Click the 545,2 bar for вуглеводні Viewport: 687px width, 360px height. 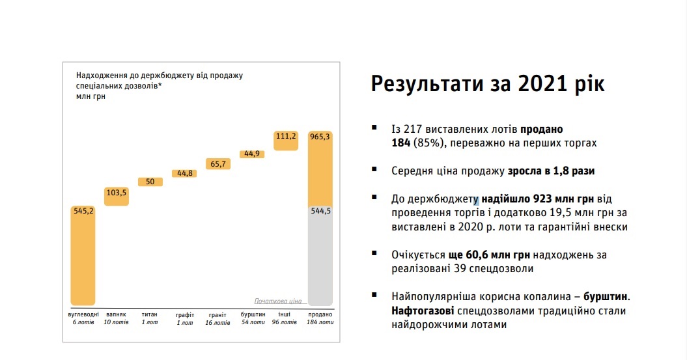point(83,255)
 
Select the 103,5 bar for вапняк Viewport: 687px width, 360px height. point(117,196)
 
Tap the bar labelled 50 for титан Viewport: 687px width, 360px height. point(150,182)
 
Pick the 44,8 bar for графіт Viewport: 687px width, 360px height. point(184,173)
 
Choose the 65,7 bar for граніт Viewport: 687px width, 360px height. point(218,164)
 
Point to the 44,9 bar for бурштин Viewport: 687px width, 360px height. point(252,154)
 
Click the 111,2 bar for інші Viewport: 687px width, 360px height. point(286,141)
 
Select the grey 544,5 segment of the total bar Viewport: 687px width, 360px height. point(320,256)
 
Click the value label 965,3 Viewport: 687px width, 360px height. point(320,137)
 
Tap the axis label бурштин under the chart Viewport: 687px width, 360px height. point(253,314)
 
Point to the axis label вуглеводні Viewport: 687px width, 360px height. point(83,314)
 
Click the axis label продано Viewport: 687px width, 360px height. point(320,314)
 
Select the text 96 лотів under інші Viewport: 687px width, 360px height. point(285,322)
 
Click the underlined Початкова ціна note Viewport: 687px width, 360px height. point(278,301)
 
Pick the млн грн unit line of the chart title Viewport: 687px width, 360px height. point(91,96)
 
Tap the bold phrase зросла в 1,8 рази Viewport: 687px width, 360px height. point(551,171)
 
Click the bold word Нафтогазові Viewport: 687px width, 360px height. point(423,311)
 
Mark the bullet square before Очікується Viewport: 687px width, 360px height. point(374,253)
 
